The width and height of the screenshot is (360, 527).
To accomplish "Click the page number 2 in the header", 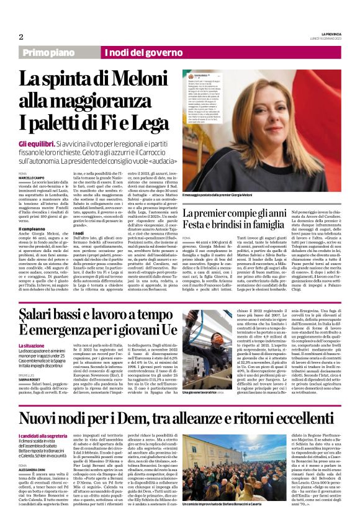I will pyautogui.click(x=20, y=37).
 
